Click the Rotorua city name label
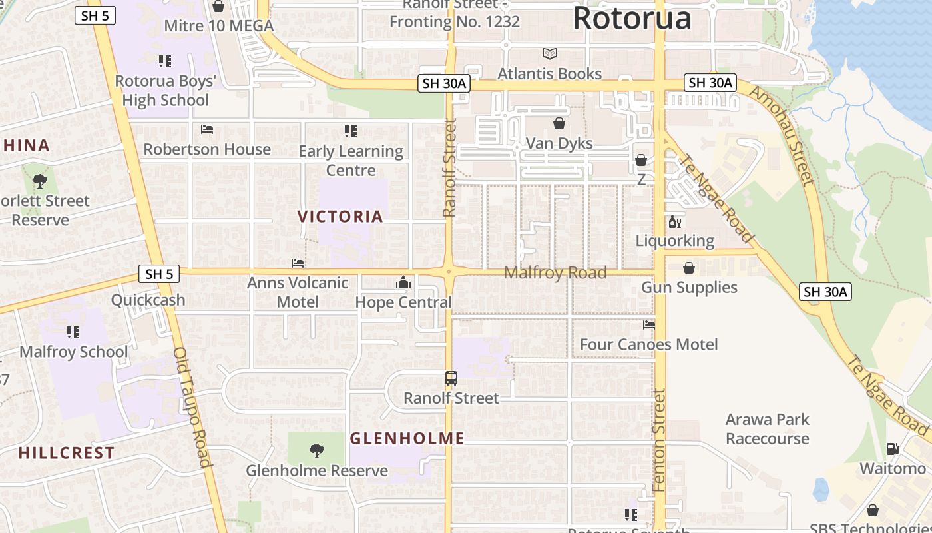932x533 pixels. [x=632, y=18]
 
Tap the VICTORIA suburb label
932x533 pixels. [x=340, y=217]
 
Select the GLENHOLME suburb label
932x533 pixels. [x=407, y=438]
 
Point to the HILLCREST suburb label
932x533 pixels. [x=67, y=453]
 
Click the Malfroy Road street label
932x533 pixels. [x=555, y=272]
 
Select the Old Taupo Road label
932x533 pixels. [x=192, y=407]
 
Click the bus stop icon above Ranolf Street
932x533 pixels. [x=451, y=378]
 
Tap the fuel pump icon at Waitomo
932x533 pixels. [x=892, y=450]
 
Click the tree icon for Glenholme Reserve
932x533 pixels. [x=317, y=451]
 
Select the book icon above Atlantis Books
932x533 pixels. [x=550, y=53]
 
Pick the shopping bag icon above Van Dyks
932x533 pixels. [x=559, y=124]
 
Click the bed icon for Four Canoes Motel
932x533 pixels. [x=649, y=325]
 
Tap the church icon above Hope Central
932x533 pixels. [x=403, y=283]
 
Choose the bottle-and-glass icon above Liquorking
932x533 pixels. [x=674, y=221]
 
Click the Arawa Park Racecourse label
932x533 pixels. [x=767, y=429]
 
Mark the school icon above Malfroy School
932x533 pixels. [x=73, y=332]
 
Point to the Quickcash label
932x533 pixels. [x=148, y=300]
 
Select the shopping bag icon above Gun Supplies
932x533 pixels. [x=689, y=268]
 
